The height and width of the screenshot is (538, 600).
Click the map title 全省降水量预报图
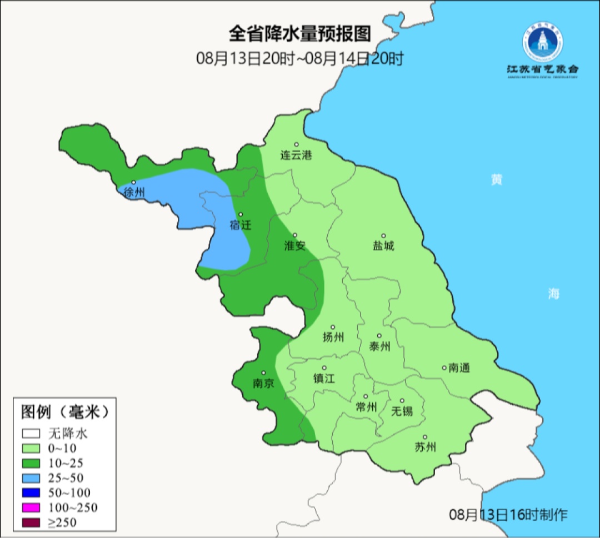tap(299, 34)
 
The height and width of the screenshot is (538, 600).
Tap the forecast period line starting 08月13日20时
tap(299, 59)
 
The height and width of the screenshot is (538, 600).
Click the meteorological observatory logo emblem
tap(542, 42)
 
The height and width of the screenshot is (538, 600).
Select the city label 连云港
tap(296, 155)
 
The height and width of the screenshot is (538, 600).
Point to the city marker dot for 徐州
tap(133, 182)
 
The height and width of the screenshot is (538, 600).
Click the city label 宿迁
tap(241, 225)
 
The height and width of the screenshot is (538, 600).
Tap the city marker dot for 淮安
tap(295, 235)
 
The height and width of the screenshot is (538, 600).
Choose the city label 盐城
tap(383, 246)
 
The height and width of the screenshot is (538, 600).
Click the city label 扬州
tap(333, 337)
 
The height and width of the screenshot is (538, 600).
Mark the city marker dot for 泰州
tap(379, 336)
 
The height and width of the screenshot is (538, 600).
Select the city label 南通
tap(459, 368)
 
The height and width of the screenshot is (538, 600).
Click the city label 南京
tap(263, 383)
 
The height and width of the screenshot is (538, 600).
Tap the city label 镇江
tap(324, 378)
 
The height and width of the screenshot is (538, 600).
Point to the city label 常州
tap(366, 407)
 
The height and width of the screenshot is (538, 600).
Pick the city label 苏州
tap(425, 448)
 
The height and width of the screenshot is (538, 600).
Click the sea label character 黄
tap(496, 180)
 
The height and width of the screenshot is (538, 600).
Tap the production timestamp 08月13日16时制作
tap(508, 514)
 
